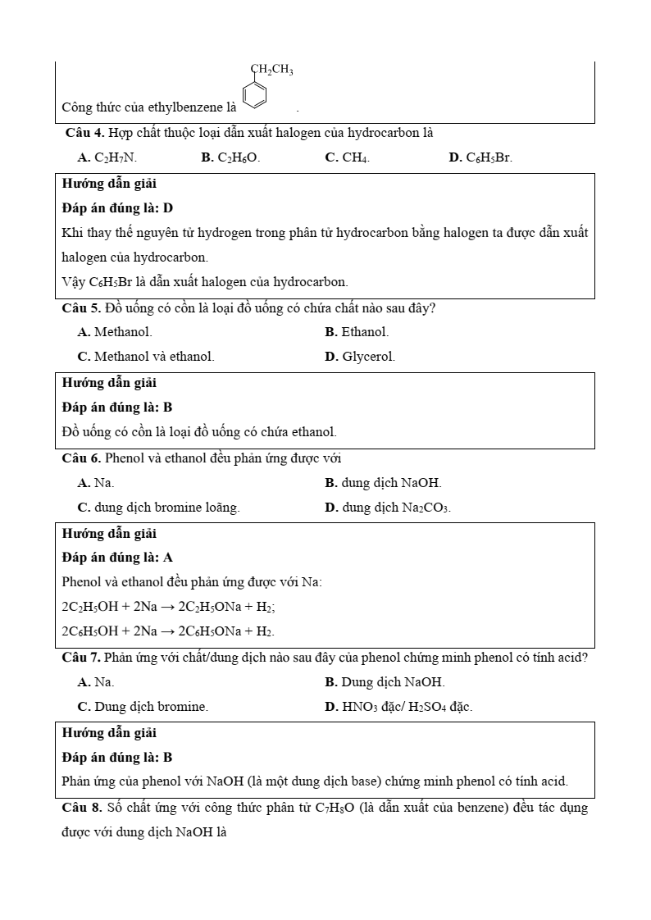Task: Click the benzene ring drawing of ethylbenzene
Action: coord(255,94)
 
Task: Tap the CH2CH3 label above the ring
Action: coord(271,70)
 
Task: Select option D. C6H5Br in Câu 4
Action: coord(480,157)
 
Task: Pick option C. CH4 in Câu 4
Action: coord(347,157)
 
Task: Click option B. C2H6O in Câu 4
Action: coord(230,157)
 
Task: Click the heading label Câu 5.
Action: coord(81,308)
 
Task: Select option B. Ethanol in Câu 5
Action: coord(357,332)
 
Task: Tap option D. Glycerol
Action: coord(360,357)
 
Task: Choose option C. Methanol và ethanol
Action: coord(146,357)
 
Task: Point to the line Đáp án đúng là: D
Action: coord(117,208)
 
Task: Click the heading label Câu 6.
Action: coord(81,458)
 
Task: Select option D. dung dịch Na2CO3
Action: coord(388,508)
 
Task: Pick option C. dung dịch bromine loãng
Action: coord(158,508)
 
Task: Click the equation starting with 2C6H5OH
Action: coord(168,631)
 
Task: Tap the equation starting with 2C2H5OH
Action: coord(168,607)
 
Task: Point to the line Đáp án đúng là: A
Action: coord(117,558)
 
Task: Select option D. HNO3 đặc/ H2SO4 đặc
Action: coord(398,706)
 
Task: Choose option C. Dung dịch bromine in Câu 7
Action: coord(143,706)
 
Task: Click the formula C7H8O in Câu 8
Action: coord(335,808)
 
